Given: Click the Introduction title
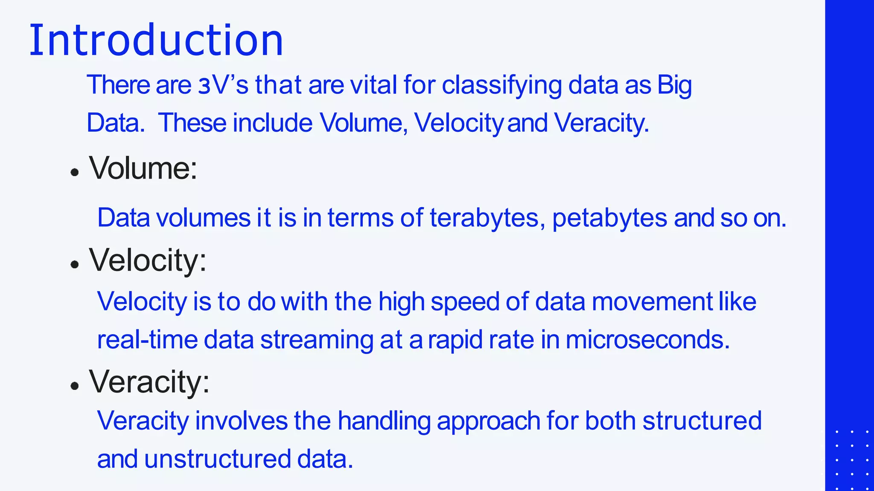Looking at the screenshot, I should [x=156, y=40].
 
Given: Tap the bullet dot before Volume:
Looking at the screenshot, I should [x=75, y=173].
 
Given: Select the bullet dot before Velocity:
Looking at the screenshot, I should [x=75, y=265].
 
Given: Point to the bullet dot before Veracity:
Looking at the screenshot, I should [x=75, y=386].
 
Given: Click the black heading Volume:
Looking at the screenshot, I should [x=143, y=168].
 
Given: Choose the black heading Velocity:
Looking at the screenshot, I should [x=148, y=260].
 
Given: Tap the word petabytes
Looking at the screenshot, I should [x=609, y=218].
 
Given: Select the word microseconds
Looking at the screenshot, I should [x=647, y=340].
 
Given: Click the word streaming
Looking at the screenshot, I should [x=317, y=340].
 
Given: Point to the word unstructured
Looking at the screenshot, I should [x=217, y=459].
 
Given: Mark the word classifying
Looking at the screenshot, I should [x=501, y=85].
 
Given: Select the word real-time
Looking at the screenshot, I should [x=147, y=340].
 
